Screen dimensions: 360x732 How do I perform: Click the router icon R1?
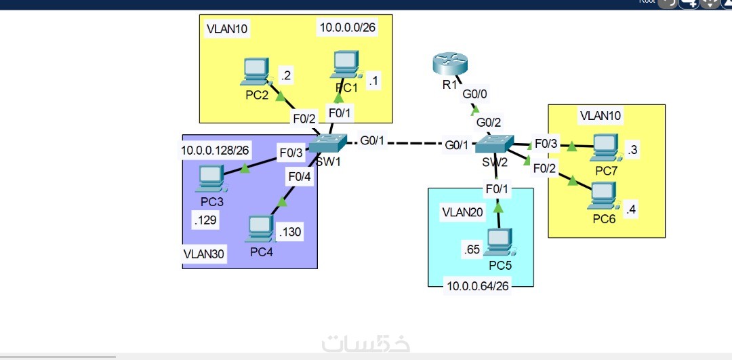449,64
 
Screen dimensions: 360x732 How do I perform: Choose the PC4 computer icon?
260,229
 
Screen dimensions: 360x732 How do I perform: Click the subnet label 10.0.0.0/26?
347,28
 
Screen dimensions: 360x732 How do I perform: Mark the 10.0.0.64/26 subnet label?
478,286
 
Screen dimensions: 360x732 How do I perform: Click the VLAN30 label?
204,254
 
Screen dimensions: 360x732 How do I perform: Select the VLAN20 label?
463,212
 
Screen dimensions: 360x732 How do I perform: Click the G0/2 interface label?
489,123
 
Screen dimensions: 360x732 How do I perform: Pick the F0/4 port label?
298,177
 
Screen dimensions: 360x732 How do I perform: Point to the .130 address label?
290,233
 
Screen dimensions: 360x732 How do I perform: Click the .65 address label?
472,249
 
